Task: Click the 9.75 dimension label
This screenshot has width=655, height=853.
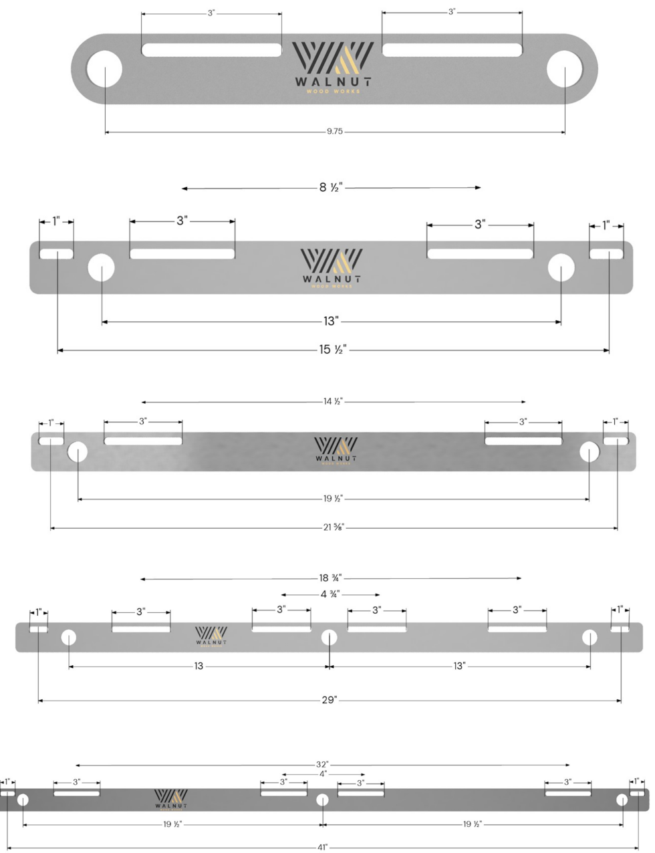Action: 334,132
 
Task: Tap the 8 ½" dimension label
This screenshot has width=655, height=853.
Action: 331,188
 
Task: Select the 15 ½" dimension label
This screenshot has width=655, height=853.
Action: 332,350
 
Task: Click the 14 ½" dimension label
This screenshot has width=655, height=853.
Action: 333,402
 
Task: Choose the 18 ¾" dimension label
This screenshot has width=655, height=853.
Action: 330,578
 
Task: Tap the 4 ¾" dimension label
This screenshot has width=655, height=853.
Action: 330,594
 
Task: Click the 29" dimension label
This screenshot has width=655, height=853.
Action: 330,700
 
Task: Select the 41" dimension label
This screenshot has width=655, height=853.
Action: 322,847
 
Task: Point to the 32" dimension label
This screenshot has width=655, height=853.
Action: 322,764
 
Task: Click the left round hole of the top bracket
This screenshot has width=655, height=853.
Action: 105,69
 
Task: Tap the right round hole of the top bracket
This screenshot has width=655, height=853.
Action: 565,69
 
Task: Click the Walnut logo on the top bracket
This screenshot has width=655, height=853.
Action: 332,68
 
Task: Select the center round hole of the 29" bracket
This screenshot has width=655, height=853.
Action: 329,637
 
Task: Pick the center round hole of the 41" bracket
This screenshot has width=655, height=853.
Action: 322,800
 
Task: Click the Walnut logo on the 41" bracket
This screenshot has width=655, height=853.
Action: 171,798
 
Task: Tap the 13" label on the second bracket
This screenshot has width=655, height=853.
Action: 331,322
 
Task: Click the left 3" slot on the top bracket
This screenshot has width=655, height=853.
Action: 211,50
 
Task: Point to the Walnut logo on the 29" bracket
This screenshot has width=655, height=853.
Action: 211,636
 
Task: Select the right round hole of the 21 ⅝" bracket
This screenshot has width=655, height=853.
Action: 589,452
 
